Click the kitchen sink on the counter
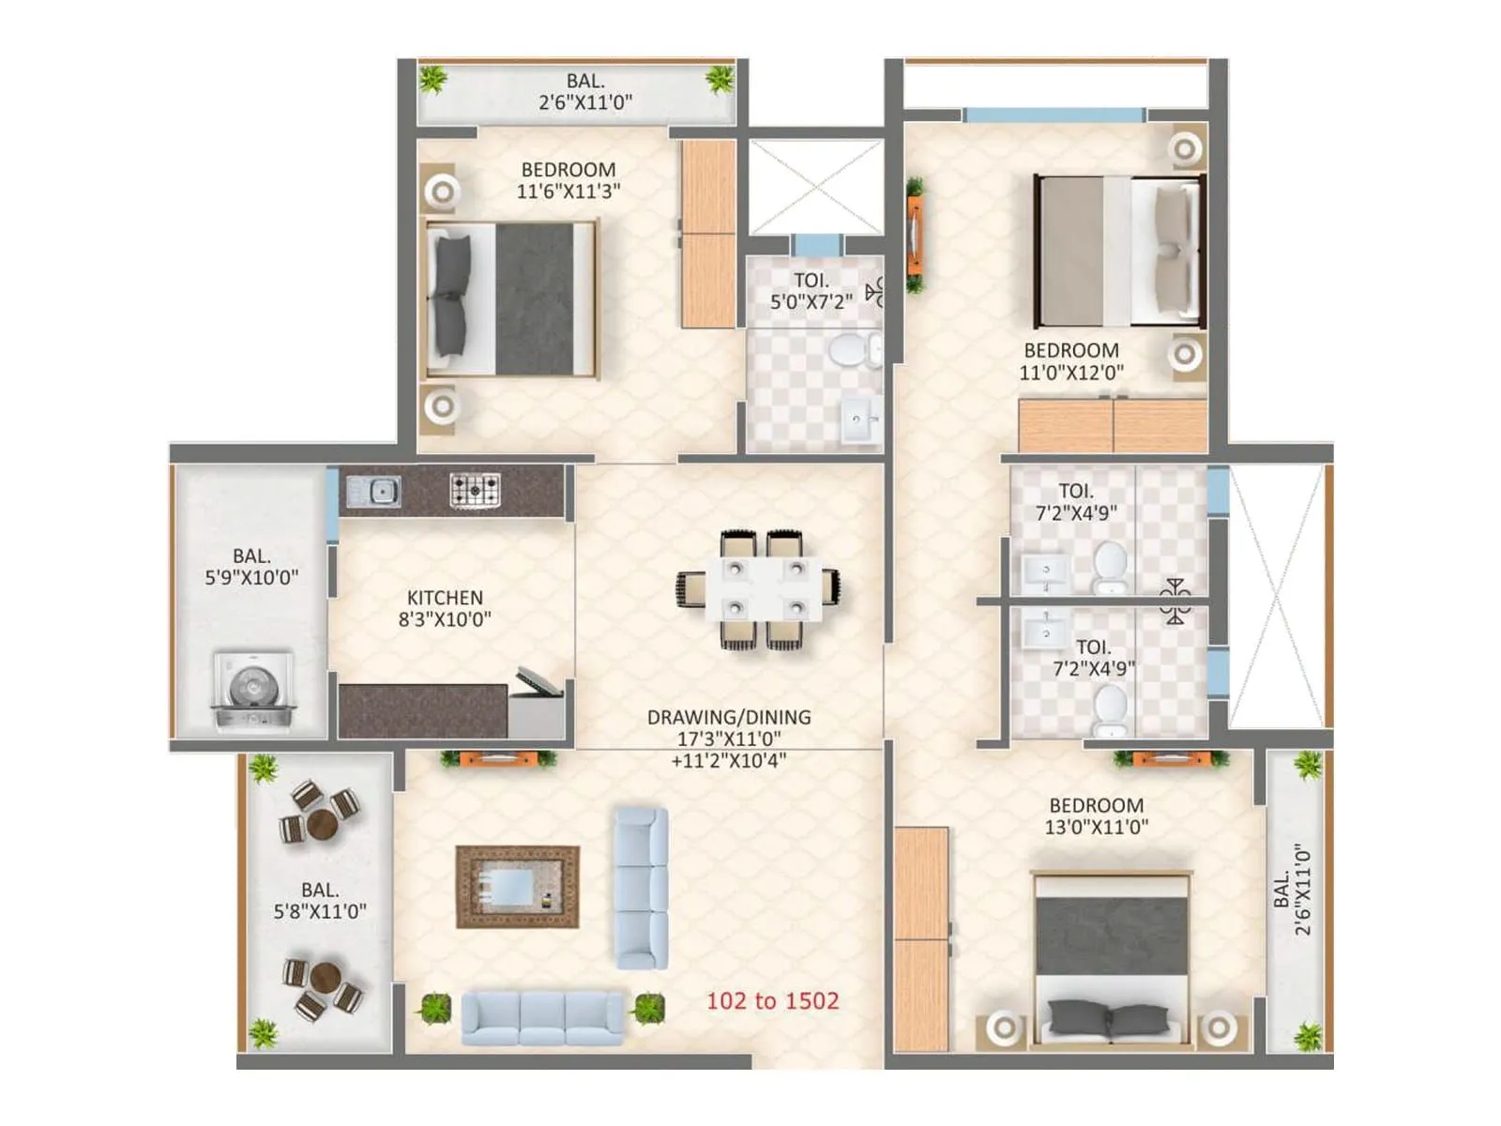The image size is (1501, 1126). pos(373,491)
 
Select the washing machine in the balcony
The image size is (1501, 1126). pos(253,692)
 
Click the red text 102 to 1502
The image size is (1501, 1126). pos(772,1001)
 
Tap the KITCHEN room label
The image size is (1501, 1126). pos(445,598)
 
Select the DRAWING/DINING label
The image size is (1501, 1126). pos(729,717)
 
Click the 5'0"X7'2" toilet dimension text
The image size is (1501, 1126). pos(811,302)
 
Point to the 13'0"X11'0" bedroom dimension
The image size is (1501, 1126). pos(1096,827)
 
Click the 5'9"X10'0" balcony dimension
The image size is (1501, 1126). pos(251,578)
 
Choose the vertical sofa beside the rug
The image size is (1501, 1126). pos(642,888)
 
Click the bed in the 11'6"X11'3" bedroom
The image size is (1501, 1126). pos(511,298)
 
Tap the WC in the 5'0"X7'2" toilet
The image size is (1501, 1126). pos(850,351)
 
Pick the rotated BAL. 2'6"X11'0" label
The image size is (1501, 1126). pos(1293,889)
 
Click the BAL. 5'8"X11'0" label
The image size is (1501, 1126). pos(320,900)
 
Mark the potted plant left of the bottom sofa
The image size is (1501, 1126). pos(434,1009)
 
